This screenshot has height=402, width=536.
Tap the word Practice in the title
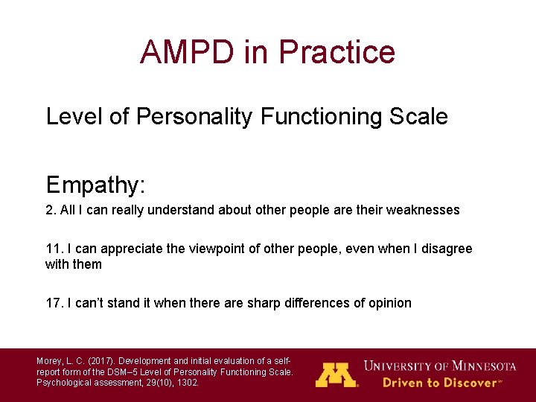tap(336, 52)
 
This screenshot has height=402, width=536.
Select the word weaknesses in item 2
tap(424, 210)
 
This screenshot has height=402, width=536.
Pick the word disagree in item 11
tap(447, 249)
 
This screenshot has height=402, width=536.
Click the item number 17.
tap(54, 303)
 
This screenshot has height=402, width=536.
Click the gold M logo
tap(336, 374)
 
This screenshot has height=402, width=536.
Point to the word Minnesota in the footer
tap(479, 366)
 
